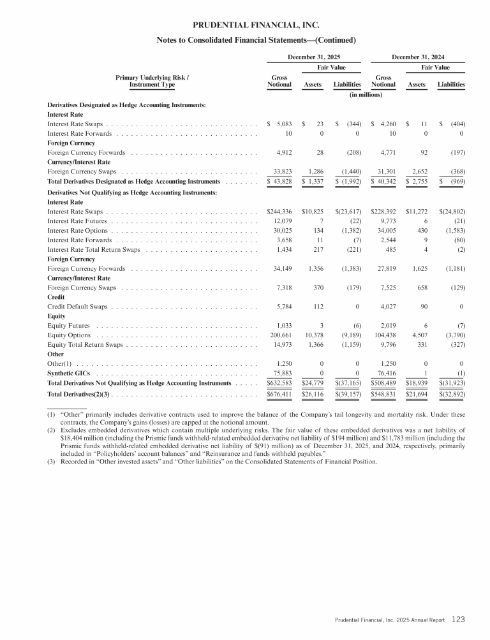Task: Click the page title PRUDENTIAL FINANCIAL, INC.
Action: tap(255, 26)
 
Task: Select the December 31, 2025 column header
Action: tap(314, 57)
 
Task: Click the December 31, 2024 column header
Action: tap(417, 57)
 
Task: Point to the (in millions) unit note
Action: tap(365, 94)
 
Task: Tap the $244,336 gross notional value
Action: tap(279, 211)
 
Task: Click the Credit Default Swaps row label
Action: tap(77, 307)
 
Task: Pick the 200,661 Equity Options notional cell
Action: tap(279, 335)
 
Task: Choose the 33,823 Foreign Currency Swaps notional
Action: tap(280, 171)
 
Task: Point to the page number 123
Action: tap(459, 619)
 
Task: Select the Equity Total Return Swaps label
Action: tap(85, 344)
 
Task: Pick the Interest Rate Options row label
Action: tap(77, 230)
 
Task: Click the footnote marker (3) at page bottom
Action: tap(52, 462)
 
